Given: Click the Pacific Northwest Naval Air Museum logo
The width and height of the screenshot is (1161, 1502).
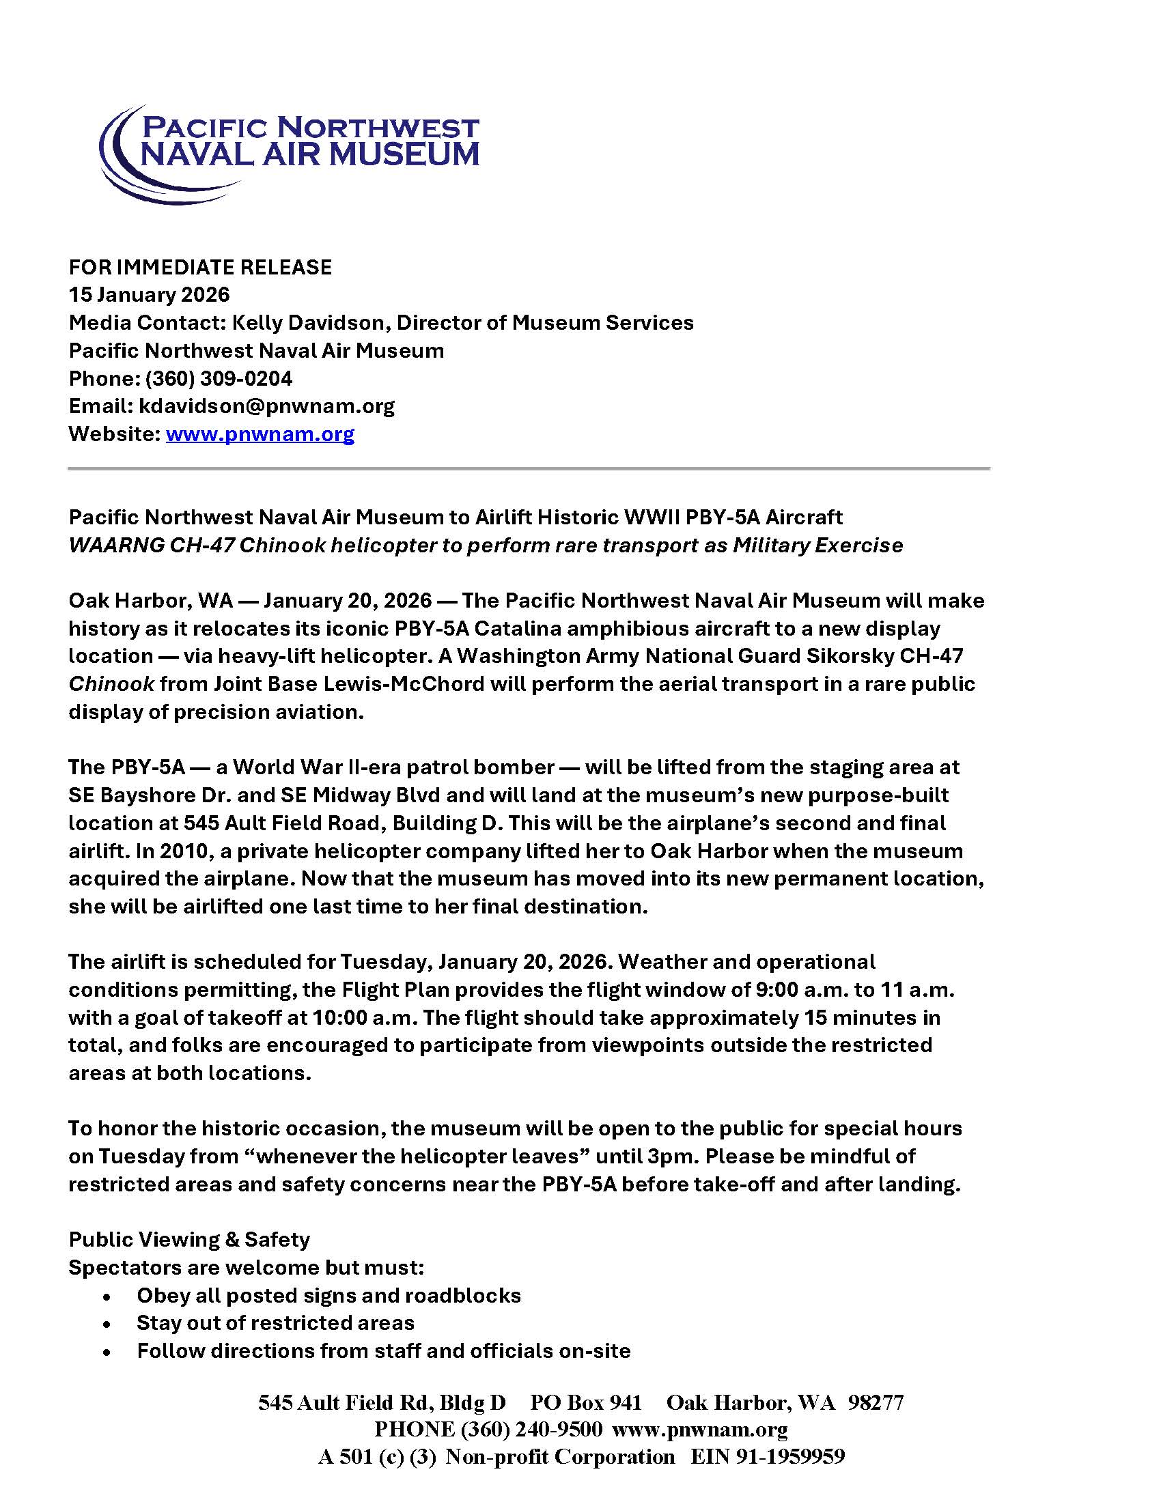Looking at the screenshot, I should point(289,153).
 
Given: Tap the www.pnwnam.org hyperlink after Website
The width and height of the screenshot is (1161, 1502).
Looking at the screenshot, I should point(260,434).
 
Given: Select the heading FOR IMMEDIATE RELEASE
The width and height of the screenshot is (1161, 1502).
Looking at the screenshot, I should point(200,267).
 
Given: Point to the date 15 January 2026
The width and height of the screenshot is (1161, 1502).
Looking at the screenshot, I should point(149,295).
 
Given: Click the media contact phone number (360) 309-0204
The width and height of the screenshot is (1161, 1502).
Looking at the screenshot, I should point(219,378).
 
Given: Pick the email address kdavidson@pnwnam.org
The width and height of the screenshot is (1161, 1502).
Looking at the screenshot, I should point(267,406).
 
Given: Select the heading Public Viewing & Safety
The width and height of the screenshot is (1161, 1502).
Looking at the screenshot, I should point(189,1239).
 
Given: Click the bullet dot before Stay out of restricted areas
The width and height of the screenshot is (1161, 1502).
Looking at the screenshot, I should point(106,1324).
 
